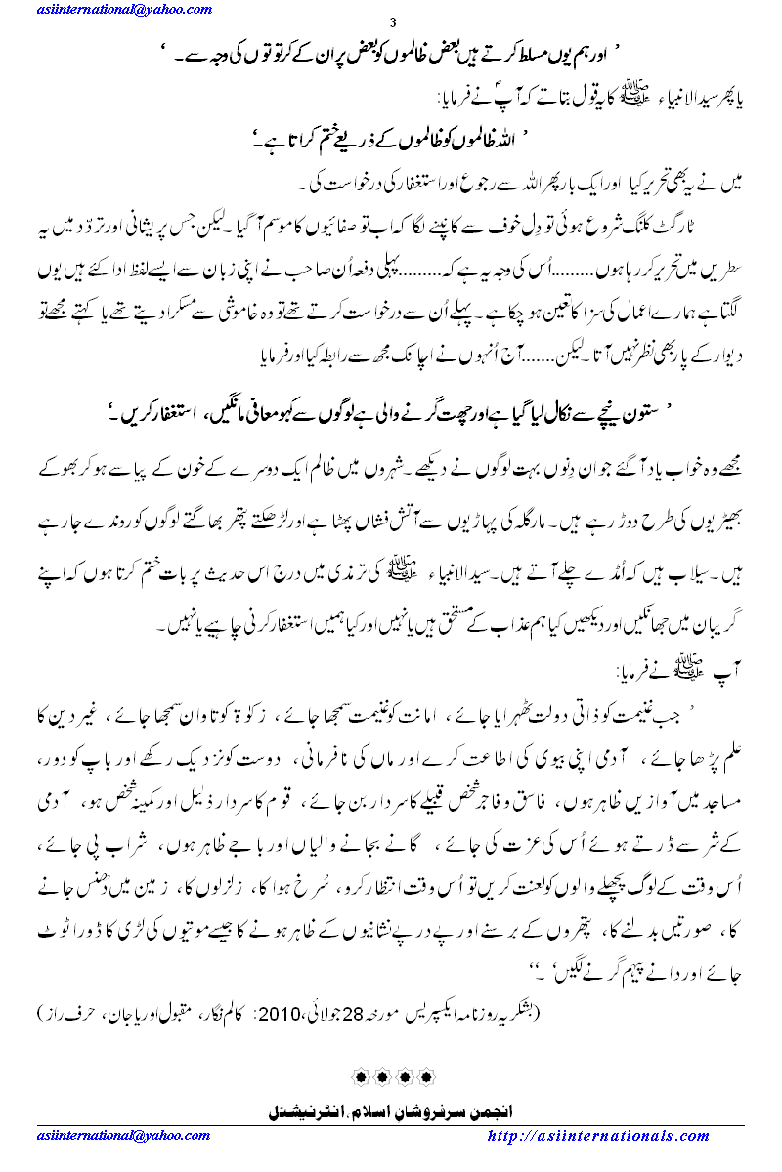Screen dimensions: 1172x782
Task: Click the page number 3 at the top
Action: (x=392, y=23)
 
